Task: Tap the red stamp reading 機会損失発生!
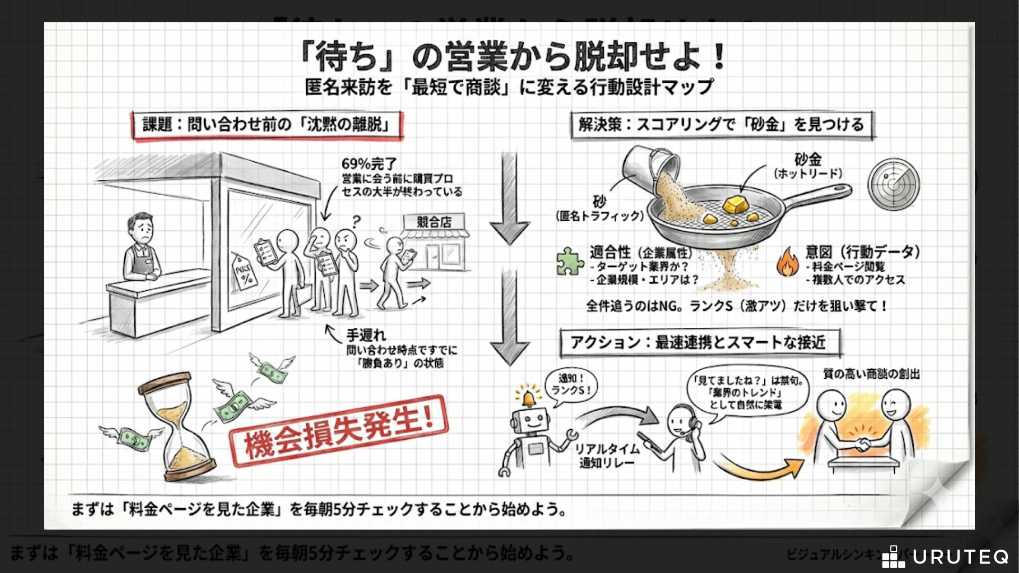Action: click(x=339, y=430)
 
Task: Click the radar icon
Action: click(x=894, y=185)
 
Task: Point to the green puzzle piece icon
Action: click(x=569, y=262)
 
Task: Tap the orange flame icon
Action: click(x=788, y=262)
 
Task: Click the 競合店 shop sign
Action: click(x=434, y=222)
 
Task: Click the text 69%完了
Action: click(x=369, y=164)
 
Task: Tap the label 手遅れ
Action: click(x=366, y=335)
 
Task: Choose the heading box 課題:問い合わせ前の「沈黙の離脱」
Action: click(x=267, y=125)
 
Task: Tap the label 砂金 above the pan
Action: click(x=807, y=159)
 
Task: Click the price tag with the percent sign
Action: click(x=244, y=271)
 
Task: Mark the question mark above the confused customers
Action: click(x=356, y=221)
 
